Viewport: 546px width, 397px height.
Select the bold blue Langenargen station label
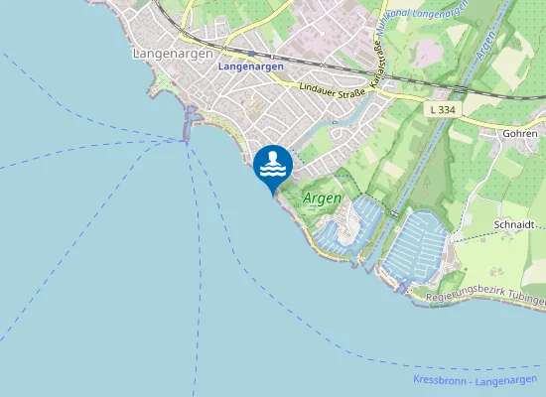pyautogui.click(x=250, y=66)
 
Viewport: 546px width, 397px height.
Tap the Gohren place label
pyautogui.click(x=520, y=132)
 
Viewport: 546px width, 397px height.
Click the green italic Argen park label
pyautogui.click(x=322, y=198)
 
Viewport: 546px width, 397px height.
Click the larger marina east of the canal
pyautogui.click(x=422, y=248)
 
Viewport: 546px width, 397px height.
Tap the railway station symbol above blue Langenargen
pyautogui.click(x=252, y=54)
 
